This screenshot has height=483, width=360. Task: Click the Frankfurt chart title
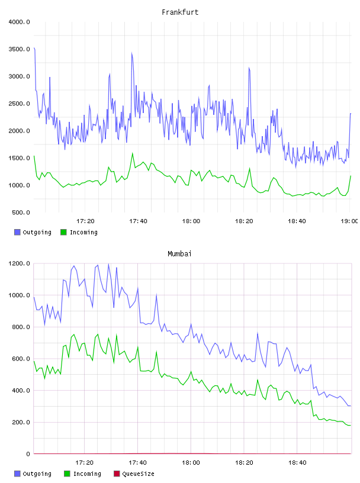(x=180, y=12)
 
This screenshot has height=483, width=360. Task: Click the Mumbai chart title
(x=179, y=254)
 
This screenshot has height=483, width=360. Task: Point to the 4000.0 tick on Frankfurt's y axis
(x=19, y=22)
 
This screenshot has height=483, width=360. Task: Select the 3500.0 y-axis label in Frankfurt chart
(x=19, y=49)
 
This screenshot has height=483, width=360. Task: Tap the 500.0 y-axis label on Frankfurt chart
(x=21, y=212)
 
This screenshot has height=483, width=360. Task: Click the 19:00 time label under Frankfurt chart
(x=349, y=221)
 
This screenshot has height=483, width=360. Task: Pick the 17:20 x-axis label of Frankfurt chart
(x=85, y=221)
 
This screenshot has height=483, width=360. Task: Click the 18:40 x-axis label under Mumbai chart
(x=297, y=463)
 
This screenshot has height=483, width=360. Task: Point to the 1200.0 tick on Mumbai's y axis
(x=19, y=263)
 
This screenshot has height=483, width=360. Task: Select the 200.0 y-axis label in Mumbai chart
(x=21, y=422)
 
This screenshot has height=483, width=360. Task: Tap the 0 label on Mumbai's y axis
(x=28, y=454)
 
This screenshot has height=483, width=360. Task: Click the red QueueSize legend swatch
(x=117, y=474)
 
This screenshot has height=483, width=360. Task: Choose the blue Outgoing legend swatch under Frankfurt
(x=17, y=232)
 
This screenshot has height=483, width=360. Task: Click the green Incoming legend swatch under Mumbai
(x=67, y=474)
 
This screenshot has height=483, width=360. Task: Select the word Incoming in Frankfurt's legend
(x=83, y=232)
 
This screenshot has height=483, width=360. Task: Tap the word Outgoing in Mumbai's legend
(x=37, y=474)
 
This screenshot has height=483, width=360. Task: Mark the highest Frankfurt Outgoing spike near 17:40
(x=132, y=53)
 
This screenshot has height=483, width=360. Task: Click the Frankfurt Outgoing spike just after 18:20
(x=249, y=68)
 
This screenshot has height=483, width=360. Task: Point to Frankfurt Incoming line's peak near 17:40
(x=133, y=153)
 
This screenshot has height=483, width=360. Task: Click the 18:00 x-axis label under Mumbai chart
(x=191, y=463)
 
